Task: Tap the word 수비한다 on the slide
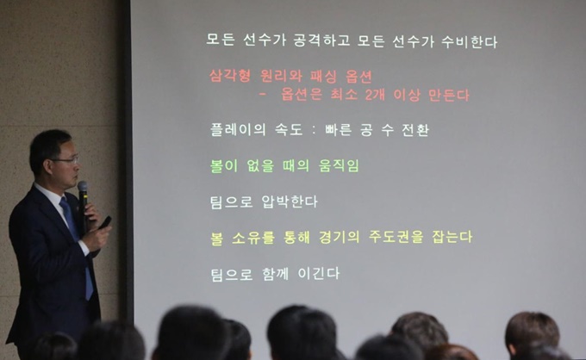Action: click(470, 41)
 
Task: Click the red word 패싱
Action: click(323, 77)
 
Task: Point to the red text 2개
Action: click(375, 95)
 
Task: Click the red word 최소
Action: click(344, 95)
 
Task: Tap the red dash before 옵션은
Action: click(263, 95)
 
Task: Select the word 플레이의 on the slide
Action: click(238, 129)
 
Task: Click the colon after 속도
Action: click(314, 130)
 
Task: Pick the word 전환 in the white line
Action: click(415, 130)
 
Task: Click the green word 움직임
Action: click(339, 165)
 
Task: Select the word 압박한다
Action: click(290, 202)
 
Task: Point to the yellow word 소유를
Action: click(253, 238)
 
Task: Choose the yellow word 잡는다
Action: click(452, 237)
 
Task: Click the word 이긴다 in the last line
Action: click(319, 273)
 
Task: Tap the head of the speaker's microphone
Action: click(82, 188)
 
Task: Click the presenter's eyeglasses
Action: click(67, 160)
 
